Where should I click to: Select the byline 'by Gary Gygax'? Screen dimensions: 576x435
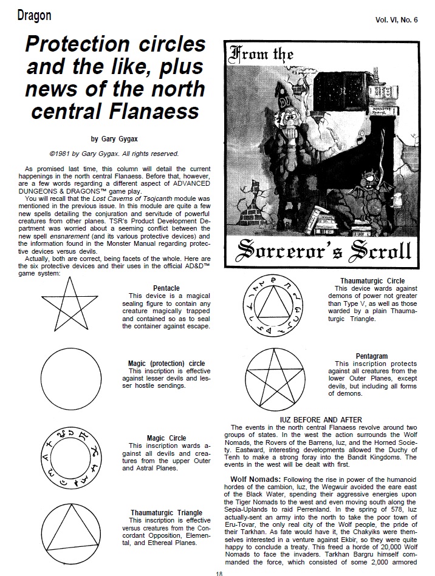tap(111, 138)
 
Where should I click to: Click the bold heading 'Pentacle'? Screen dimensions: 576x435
tap(166, 288)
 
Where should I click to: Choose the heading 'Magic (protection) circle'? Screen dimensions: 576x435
tap(166, 364)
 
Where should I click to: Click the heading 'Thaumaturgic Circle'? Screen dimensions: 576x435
tap(372, 280)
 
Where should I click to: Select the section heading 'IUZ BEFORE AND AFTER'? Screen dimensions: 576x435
tap(321, 419)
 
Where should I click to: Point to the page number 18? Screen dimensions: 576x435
tap(218, 572)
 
